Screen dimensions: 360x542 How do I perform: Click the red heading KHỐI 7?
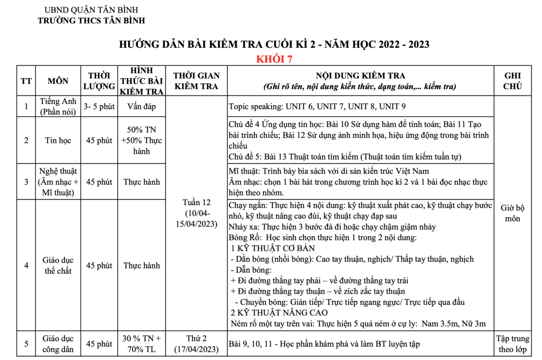pyautogui.click(x=274, y=59)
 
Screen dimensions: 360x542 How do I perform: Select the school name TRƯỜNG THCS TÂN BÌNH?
pyautogui.click(x=91, y=20)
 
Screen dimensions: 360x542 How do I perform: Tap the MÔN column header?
pyautogui.click(x=58, y=81)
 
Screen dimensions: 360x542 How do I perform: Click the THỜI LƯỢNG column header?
pyautogui.click(x=99, y=81)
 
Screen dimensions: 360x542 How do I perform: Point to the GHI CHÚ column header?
pyautogui.click(x=512, y=81)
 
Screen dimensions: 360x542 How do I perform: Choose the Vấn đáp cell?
pyautogui.click(x=141, y=106)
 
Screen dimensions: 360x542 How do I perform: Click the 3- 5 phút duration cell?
pyautogui.click(x=99, y=106)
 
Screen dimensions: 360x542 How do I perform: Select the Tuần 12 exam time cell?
pyautogui.click(x=197, y=213)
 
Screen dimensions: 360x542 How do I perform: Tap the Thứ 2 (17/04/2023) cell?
pyautogui.click(x=197, y=344)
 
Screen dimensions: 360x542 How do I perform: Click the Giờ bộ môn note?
pyautogui.click(x=512, y=213)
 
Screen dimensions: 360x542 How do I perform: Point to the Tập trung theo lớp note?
pyautogui.click(x=512, y=344)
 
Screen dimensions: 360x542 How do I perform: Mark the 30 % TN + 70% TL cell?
pyautogui.click(x=141, y=344)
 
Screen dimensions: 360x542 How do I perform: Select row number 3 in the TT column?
pyautogui.click(x=26, y=182)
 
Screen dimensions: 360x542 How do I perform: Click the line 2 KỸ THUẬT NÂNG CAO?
pyautogui.click(x=279, y=313)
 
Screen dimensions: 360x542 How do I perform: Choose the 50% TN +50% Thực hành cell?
pyautogui.click(x=141, y=141)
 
